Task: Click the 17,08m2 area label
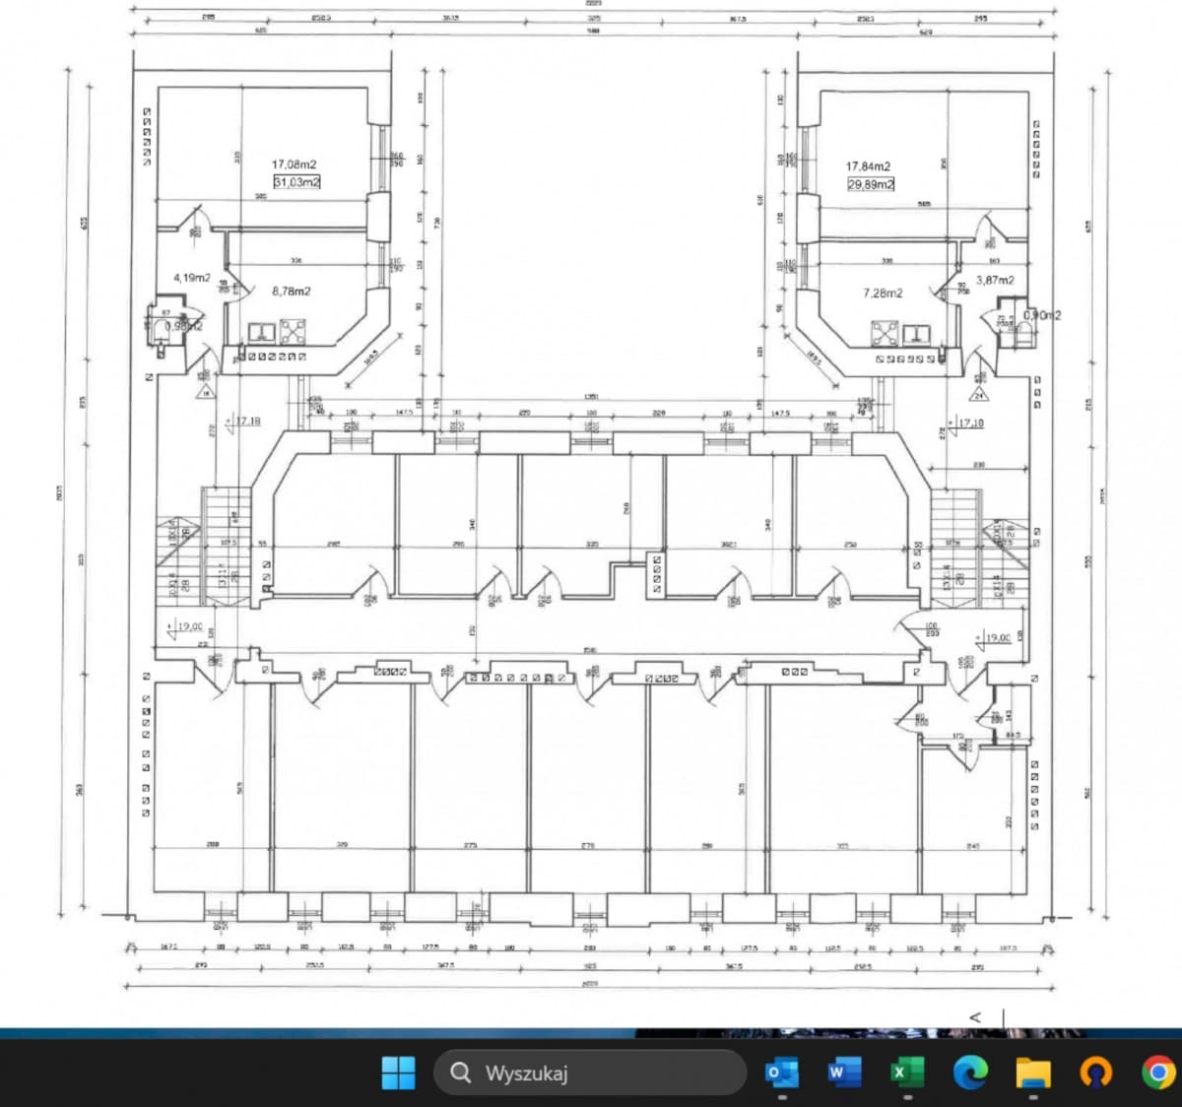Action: click(295, 164)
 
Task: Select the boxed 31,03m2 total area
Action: click(296, 182)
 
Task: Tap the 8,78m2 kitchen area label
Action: click(292, 291)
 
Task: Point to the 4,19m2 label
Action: click(192, 278)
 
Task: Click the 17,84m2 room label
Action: click(868, 166)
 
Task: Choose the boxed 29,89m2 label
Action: click(871, 184)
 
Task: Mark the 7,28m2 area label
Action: click(883, 293)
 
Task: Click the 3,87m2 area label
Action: click(995, 280)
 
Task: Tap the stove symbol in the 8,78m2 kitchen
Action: click(293, 331)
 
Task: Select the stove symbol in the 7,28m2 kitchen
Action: click(884, 333)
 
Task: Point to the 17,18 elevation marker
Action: click(247, 421)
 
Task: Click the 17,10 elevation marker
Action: click(970, 423)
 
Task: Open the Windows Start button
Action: click(398, 1073)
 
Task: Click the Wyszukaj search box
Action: click(589, 1073)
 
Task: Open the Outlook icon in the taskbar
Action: click(782, 1073)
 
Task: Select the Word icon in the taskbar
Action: click(844, 1073)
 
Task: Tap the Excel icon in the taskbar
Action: click(907, 1073)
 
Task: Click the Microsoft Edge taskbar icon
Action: click(970, 1073)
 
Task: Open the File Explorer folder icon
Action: click(1033, 1073)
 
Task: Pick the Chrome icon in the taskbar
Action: click(1158, 1073)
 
